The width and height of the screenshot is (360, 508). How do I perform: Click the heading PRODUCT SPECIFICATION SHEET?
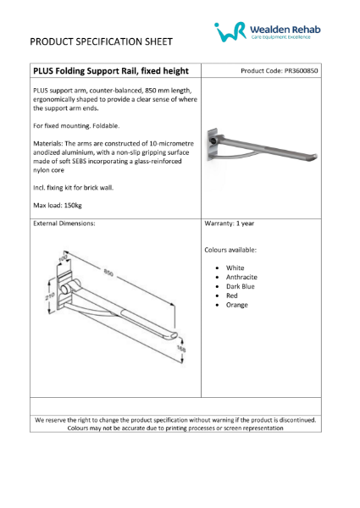[102, 41]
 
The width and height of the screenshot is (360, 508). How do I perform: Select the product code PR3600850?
[279, 70]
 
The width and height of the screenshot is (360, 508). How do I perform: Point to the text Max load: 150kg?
[58, 206]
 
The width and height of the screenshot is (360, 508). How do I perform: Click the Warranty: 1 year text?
[230, 224]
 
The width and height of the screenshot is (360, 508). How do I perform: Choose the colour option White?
[235, 268]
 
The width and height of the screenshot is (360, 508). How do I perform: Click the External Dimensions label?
[64, 224]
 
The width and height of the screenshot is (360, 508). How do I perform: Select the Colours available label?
[230, 250]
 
